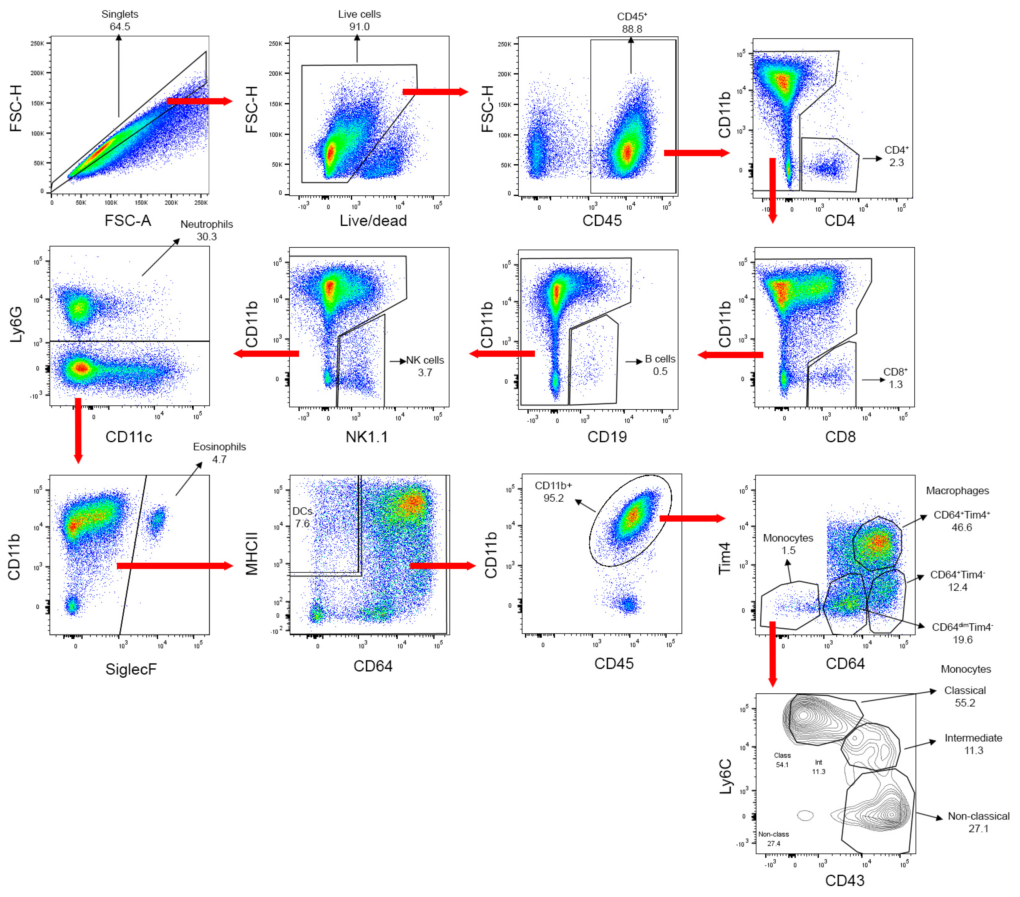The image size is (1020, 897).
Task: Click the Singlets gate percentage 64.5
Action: coord(120,27)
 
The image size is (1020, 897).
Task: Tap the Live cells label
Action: coord(359,14)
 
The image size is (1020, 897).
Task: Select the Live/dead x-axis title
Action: coord(373,221)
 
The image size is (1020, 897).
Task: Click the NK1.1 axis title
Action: coord(367,437)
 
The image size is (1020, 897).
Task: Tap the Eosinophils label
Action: coord(220,447)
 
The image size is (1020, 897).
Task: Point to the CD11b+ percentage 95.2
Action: coord(553,498)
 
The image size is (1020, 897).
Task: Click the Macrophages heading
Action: coord(957,490)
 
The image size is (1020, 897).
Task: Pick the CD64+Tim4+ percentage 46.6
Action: coord(962,527)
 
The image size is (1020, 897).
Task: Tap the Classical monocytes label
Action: coord(965,691)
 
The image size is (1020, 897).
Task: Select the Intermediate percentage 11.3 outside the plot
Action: coord(973,750)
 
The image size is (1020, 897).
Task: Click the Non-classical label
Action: coord(978,816)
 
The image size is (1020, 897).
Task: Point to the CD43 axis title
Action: coord(844,881)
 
